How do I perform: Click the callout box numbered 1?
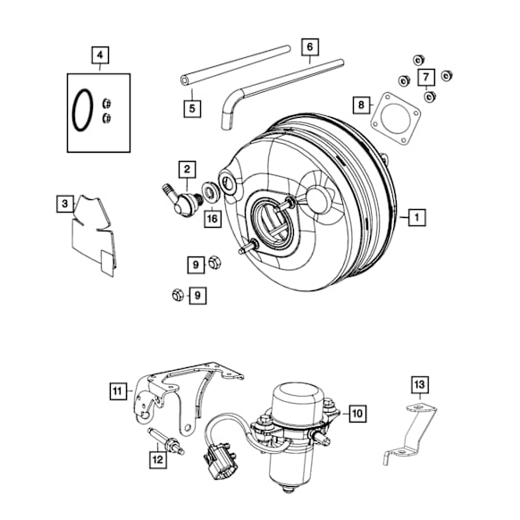pyautogui.click(x=417, y=217)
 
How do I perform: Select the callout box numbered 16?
pyautogui.click(x=213, y=219)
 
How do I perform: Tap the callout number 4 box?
pyautogui.click(x=100, y=55)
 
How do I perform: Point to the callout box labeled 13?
pyautogui.click(x=420, y=384)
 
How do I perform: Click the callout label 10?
pyautogui.click(x=357, y=414)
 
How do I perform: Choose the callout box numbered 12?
pyautogui.click(x=158, y=459)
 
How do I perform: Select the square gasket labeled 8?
pyautogui.click(x=395, y=119)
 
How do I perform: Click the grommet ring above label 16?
pyautogui.click(x=211, y=191)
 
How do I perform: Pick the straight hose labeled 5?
pyautogui.click(x=236, y=65)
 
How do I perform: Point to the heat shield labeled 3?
pyautogui.click(x=95, y=234)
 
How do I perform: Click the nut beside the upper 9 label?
pyautogui.click(x=214, y=263)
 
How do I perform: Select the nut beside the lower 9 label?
pyautogui.click(x=178, y=295)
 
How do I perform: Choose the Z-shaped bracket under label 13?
pyautogui.click(x=409, y=432)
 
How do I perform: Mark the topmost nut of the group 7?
pyautogui.click(x=418, y=60)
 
